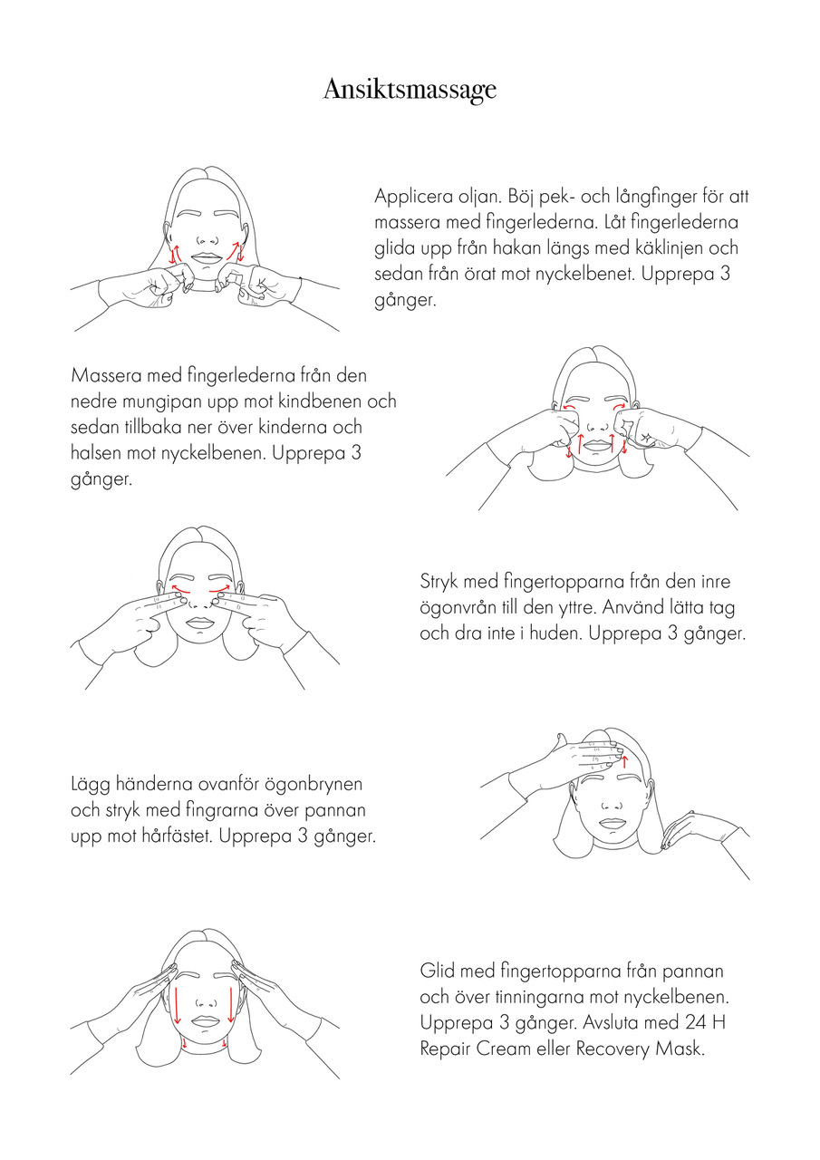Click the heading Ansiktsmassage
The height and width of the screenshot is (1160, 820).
[x=410, y=90]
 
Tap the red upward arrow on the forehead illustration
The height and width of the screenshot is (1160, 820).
[x=624, y=762]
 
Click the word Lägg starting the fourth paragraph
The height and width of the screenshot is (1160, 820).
[x=90, y=785]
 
